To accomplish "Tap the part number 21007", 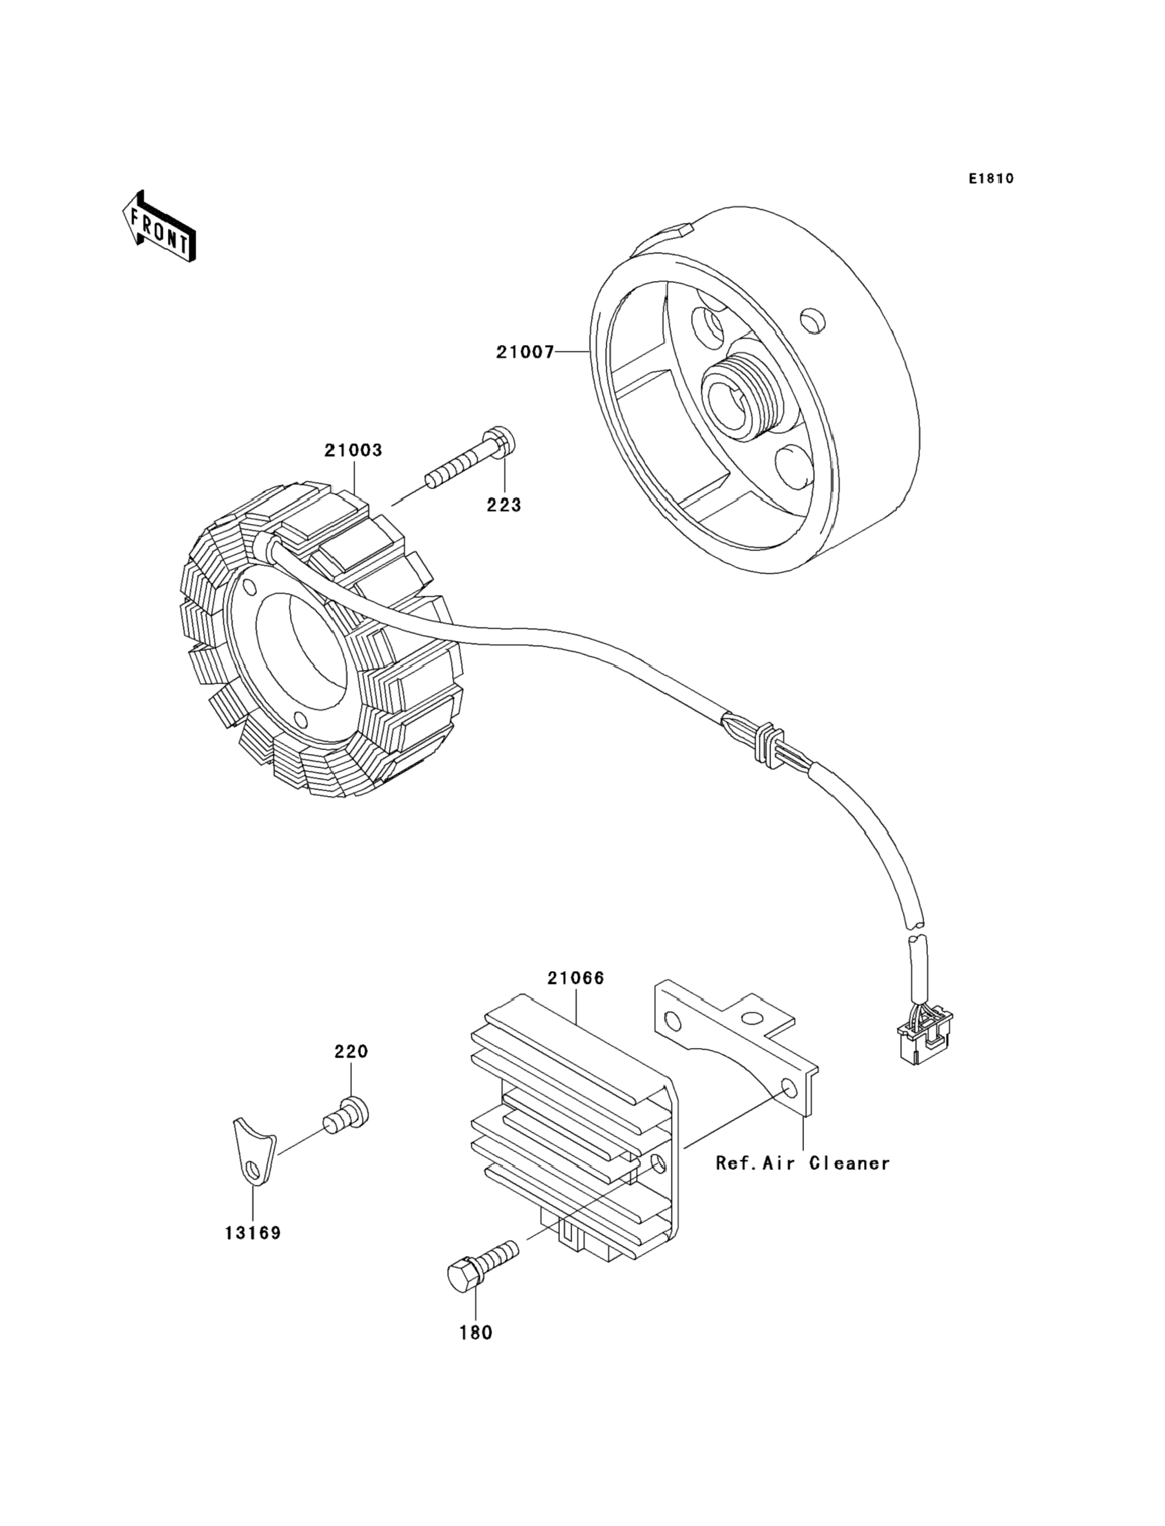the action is click(525, 352).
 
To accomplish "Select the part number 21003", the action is click(354, 450).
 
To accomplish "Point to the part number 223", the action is click(504, 505).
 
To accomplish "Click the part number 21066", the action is click(575, 978).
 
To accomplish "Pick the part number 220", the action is click(351, 1051).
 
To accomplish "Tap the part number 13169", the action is click(253, 1233).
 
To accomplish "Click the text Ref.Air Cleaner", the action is click(803, 1162).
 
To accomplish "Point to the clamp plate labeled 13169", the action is click(254, 1151).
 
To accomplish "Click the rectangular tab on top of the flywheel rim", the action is click(675, 235).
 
